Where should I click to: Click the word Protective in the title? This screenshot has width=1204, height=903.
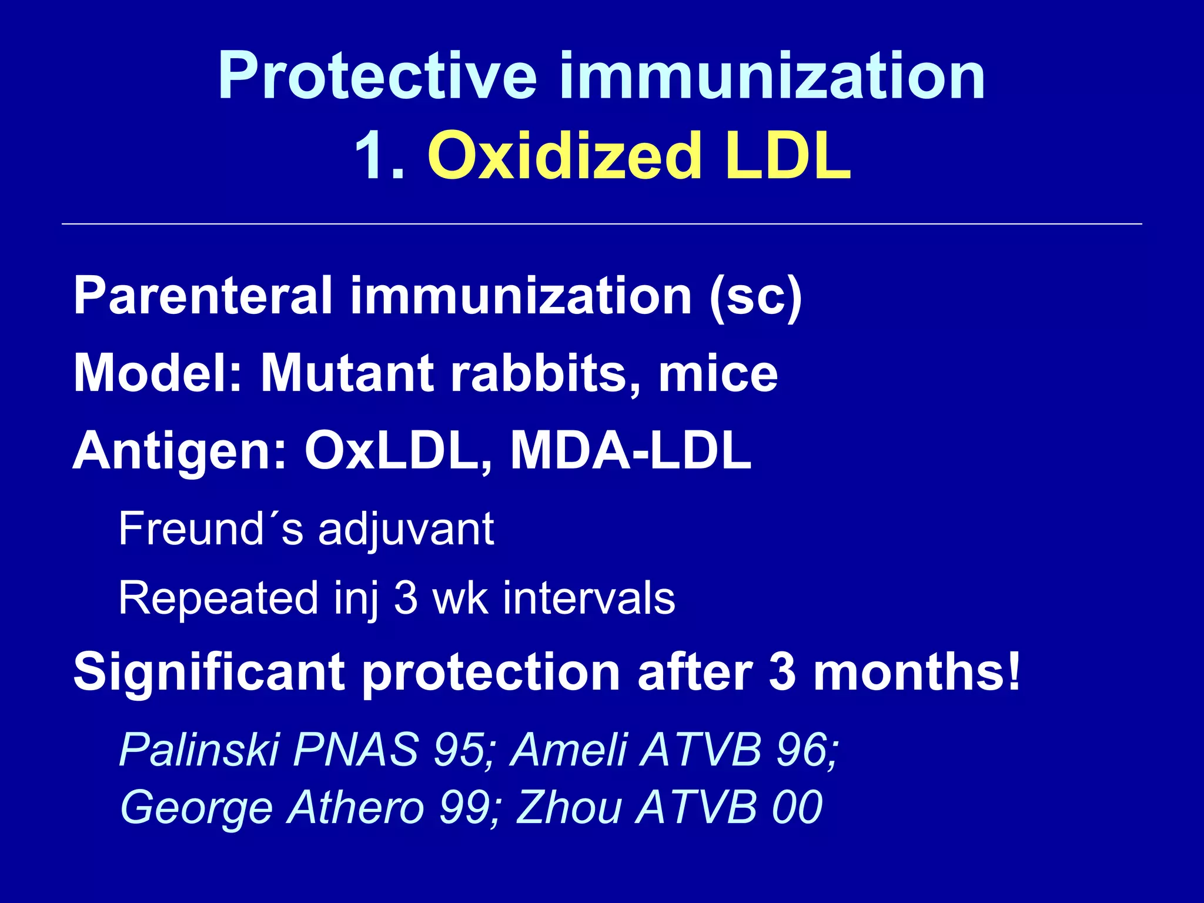point(377,76)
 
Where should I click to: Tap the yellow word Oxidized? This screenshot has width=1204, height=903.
point(564,156)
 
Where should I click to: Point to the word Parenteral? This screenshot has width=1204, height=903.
point(203,296)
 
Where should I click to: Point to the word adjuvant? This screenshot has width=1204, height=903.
point(406,529)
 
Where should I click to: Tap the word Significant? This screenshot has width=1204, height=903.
point(209,673)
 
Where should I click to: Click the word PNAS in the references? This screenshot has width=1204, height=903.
point(355,750)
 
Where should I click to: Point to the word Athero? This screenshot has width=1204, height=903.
point(356,808)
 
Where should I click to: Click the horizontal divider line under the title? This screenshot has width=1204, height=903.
point(601,224)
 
